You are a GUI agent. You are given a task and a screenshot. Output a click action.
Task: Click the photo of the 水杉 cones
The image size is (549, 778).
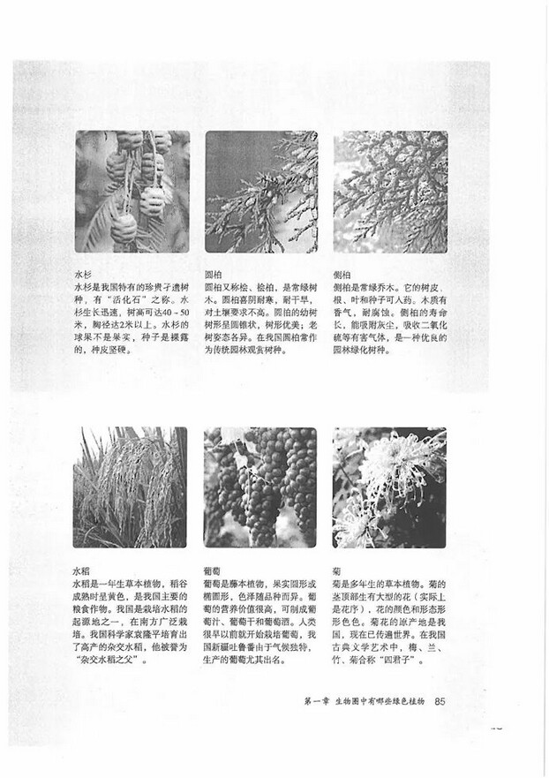(132, 192)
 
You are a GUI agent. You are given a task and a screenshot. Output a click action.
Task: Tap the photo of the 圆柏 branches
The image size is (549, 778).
(260, 192)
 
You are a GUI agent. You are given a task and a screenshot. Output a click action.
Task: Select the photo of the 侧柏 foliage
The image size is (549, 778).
(389, 192)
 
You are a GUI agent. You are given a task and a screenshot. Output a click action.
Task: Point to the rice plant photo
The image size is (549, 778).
(132, 487)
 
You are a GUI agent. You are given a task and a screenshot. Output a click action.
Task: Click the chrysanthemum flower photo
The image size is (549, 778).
(389, 487)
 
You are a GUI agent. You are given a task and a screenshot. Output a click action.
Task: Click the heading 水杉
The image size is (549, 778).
(83, 275)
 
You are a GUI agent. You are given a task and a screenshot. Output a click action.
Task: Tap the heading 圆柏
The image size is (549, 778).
(214, 275)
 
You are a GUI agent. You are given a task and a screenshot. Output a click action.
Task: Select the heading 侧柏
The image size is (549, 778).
(342, 275)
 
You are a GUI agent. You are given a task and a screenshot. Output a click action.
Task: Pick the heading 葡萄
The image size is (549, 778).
(212, 571)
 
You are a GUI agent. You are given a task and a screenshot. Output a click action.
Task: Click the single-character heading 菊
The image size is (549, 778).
(337, 571)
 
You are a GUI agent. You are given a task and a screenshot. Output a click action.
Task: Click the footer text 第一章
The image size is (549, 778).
(316, 701)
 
